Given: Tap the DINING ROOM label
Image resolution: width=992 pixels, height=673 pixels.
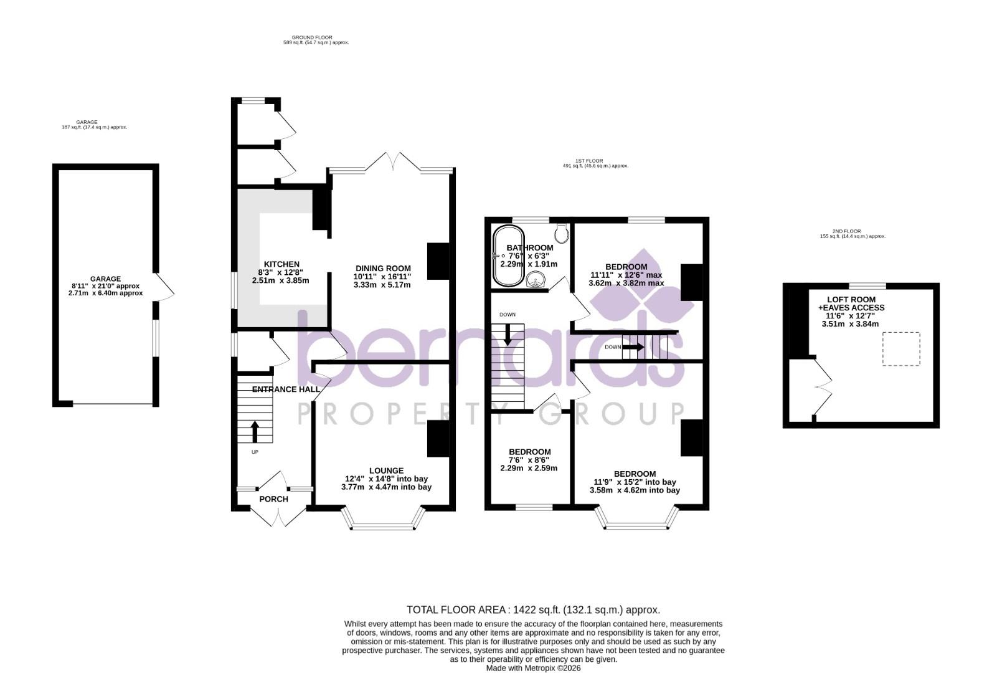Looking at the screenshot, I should [x=382, y=269].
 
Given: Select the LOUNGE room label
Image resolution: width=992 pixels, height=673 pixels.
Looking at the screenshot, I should [x=386, y=471].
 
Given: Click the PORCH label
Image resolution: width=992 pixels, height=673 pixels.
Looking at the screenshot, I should [x=273, y=499].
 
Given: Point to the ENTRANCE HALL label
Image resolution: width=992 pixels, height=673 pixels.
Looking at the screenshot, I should [x=286, y=389].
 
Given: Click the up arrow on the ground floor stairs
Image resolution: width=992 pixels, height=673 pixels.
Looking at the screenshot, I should [x=254, y=431].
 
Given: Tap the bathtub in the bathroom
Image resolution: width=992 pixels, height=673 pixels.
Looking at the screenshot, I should [x=509, y=256].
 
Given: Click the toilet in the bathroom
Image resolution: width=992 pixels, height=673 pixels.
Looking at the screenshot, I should [x=563, y=234].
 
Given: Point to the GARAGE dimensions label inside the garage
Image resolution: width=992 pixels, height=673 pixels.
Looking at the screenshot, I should [x=105, y=286].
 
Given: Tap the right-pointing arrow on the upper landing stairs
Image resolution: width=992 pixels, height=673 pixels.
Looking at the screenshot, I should [x=634, y=347].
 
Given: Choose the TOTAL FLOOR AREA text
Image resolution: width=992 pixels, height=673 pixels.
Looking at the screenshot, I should [x=533, y=609].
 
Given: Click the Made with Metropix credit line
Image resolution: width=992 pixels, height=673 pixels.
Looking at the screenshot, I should [x=533, y=668].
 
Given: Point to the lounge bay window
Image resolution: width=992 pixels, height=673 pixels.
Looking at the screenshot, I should [x=382, y=527].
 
